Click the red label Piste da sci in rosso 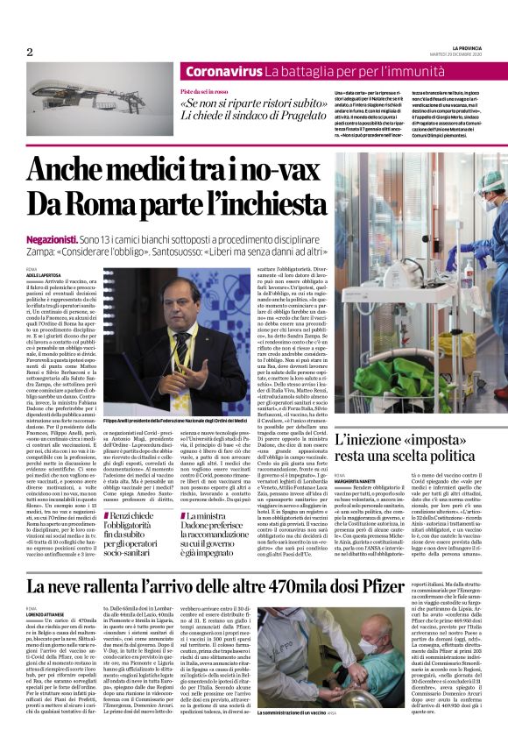202,91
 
